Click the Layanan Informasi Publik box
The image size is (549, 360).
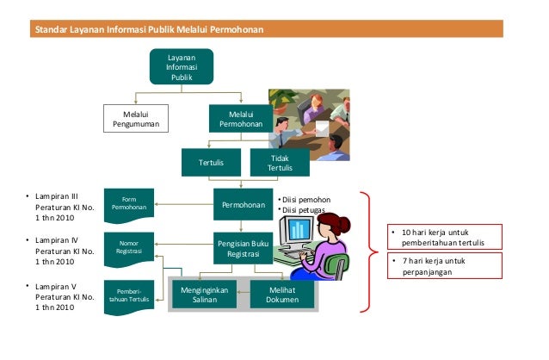coord(181,66)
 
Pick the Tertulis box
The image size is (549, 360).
coord(211,161)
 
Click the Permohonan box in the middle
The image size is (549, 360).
coord(244,208)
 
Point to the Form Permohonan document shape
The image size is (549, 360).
coord(129,204)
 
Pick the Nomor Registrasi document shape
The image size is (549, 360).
coord(129,249)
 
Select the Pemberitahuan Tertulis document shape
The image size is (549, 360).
coord(129,295)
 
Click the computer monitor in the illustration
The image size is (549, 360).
coord(300,229)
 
